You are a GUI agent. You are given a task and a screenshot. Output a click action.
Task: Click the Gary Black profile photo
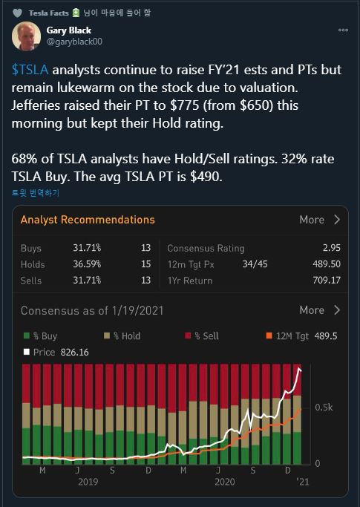[x=27, y=36]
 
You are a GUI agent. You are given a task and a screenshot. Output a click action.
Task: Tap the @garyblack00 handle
[x=74, y=42]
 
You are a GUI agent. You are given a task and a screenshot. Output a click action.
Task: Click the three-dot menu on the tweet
[x=343, y=30]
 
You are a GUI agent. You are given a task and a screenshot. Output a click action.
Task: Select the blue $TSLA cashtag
[x=30, y=70]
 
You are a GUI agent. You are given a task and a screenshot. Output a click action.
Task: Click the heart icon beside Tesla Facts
[x=17, y=13]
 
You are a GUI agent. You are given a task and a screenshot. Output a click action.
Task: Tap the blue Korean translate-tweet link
[x=35, y=193]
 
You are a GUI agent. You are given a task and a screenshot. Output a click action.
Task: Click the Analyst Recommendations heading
[x=88, y=220]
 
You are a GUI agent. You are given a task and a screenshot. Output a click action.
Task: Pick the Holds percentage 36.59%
[x=87, y=264]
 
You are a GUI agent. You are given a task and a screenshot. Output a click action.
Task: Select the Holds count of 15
[x=146, y=264]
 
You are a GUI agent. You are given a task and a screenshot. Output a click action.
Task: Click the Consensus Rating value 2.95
[x=332, y=248]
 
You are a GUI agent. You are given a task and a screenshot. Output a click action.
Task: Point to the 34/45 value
[x=255, y=264]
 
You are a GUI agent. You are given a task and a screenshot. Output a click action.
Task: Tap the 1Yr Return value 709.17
[x=327, y=280]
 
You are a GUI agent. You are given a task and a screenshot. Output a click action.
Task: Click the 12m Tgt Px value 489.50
[x=327, y=264]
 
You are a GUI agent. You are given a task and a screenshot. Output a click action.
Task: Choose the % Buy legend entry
[x=41, y=336]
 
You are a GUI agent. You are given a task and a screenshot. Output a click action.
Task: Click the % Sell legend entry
[x=202, y=336]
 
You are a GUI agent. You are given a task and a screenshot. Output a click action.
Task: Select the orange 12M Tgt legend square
[x=269, y=336]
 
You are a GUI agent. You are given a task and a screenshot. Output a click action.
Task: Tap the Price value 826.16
[x=74, y=352]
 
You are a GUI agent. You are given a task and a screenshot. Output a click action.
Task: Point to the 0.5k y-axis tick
[x=324, y=408]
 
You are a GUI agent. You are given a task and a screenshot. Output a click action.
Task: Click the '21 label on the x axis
[x=303, y=482]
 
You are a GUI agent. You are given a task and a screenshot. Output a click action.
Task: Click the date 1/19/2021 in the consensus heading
[x=137, y=311]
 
